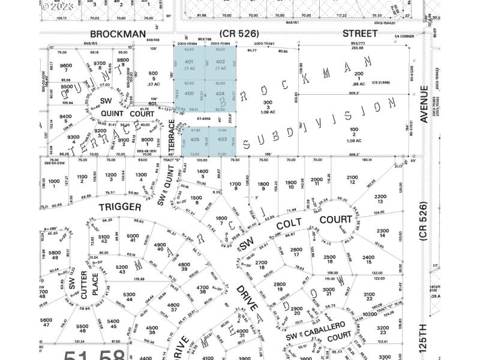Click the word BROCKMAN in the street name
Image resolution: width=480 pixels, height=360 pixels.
click(x=118, y=35)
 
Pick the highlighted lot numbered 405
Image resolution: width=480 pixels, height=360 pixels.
click(x=194, y=139)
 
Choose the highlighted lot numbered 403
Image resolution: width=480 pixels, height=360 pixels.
click(x=222, y=139)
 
